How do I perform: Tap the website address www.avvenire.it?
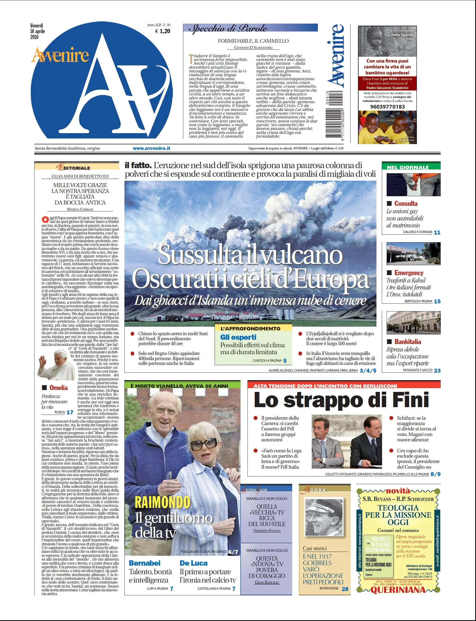(x=152, y=148)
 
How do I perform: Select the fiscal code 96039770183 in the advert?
(x=387, y=107)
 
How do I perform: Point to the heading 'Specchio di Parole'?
(x=228, y=28)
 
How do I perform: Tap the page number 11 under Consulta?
(x=437, y=232)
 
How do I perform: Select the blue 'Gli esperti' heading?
(x=238, y=337)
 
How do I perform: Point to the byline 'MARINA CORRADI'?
(x=80, y=209)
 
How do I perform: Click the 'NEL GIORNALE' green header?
(x=408, y=167)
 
